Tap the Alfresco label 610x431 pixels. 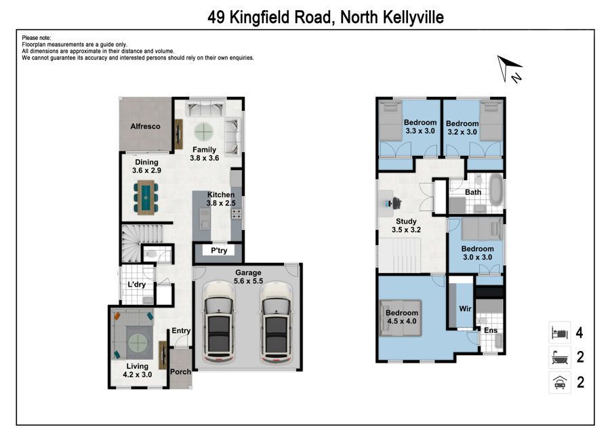(x=145, y=127)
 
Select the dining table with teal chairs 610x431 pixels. (x=146, y=197)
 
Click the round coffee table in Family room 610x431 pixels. (x=204, y=132)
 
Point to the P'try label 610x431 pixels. (x=219, y=251)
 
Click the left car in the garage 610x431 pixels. (x=219, y=322)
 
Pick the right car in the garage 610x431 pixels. (x=276, y=322)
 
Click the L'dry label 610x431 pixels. (x=136, y=285)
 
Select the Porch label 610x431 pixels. (x=180, y=371)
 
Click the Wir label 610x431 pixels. (x=465, y=308)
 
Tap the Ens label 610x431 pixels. (x=491, y=330)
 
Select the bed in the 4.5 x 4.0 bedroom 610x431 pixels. (x=401, y=318)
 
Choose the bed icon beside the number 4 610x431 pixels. (x=559, y=333)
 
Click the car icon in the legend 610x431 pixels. (x=559, y=382)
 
